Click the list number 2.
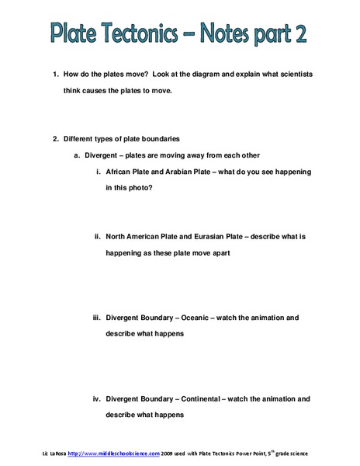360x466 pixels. click(55, 140)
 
